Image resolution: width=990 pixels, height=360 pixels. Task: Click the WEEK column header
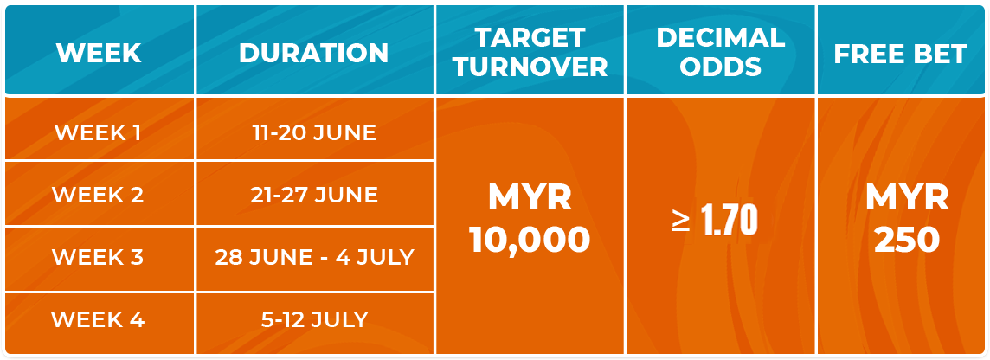coord(99,53)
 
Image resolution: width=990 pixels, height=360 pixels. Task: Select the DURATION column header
coord(314,53)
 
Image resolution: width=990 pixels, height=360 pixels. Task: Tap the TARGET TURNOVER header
coord(530,52)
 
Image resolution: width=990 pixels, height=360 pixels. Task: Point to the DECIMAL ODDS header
coord(720,52)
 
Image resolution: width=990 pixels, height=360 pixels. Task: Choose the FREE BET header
coord(900,54)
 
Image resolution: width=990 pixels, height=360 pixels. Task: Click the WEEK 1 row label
coord(98,132)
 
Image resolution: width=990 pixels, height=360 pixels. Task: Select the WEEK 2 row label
coord(98,195)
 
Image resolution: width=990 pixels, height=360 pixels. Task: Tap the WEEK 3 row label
coord(98,257)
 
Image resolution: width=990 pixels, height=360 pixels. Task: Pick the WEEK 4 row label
coord(98,319)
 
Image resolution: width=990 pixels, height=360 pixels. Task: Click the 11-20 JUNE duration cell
coord(314,132)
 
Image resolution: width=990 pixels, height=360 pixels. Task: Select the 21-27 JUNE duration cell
coord(314,195)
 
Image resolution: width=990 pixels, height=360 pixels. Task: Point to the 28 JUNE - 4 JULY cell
coord(314,257)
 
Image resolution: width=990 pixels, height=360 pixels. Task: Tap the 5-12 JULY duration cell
coord(314,319)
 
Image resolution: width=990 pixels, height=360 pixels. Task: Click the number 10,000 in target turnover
coord(530,240)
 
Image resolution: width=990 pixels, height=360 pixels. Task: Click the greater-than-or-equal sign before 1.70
coord(680,222)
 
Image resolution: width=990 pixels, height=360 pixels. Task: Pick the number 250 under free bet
coord(907,240)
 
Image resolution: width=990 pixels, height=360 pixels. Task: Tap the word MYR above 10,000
coord(530,197)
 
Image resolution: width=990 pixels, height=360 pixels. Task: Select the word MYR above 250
coord(907,197)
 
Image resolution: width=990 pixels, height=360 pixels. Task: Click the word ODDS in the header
coord(720,67)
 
